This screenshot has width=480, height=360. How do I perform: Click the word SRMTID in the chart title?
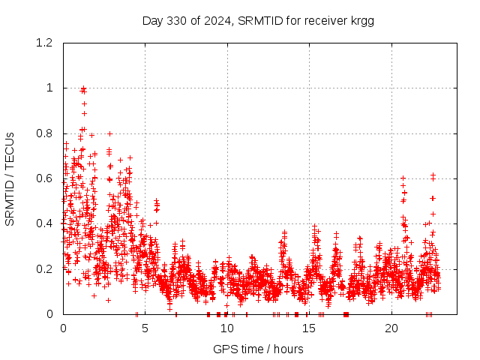click(x=259, y=20)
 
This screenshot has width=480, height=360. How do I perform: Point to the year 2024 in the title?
click(x=216, y=20)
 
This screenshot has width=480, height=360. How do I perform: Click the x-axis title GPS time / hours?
click(x=258, y=349)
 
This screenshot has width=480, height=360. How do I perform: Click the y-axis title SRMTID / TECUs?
click(x=10, y=178)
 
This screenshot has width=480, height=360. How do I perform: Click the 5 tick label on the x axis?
click(x=145, y=328)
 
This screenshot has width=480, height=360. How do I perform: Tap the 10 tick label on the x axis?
click(x=227, y=328)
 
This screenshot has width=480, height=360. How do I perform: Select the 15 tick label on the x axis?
click(x=310, y=328)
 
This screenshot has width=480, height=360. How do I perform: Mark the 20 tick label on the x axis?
click(x=391, y=328)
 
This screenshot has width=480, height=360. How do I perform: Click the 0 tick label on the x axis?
click(x=63, y=328)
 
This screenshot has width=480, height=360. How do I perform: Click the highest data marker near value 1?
click(x=83, y=88)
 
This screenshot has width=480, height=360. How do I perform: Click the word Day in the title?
click(x=152, y=20)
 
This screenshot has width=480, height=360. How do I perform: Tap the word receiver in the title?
click(x=324, y=20)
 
